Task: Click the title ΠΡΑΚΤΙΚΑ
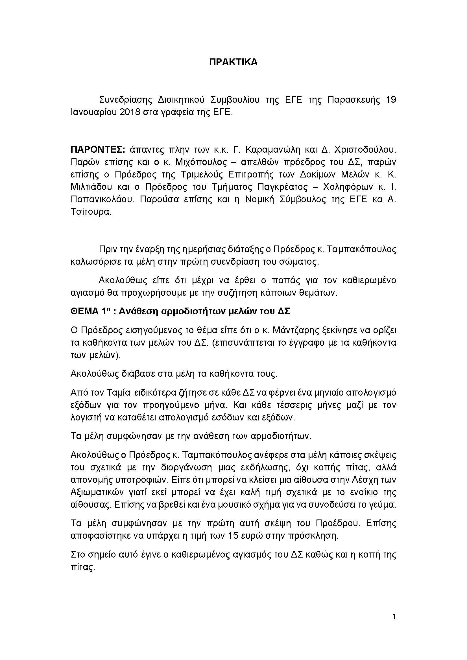[x=233, y=62]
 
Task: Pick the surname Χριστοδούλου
[x=363, y=150]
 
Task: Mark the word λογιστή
[x=86, y=417]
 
